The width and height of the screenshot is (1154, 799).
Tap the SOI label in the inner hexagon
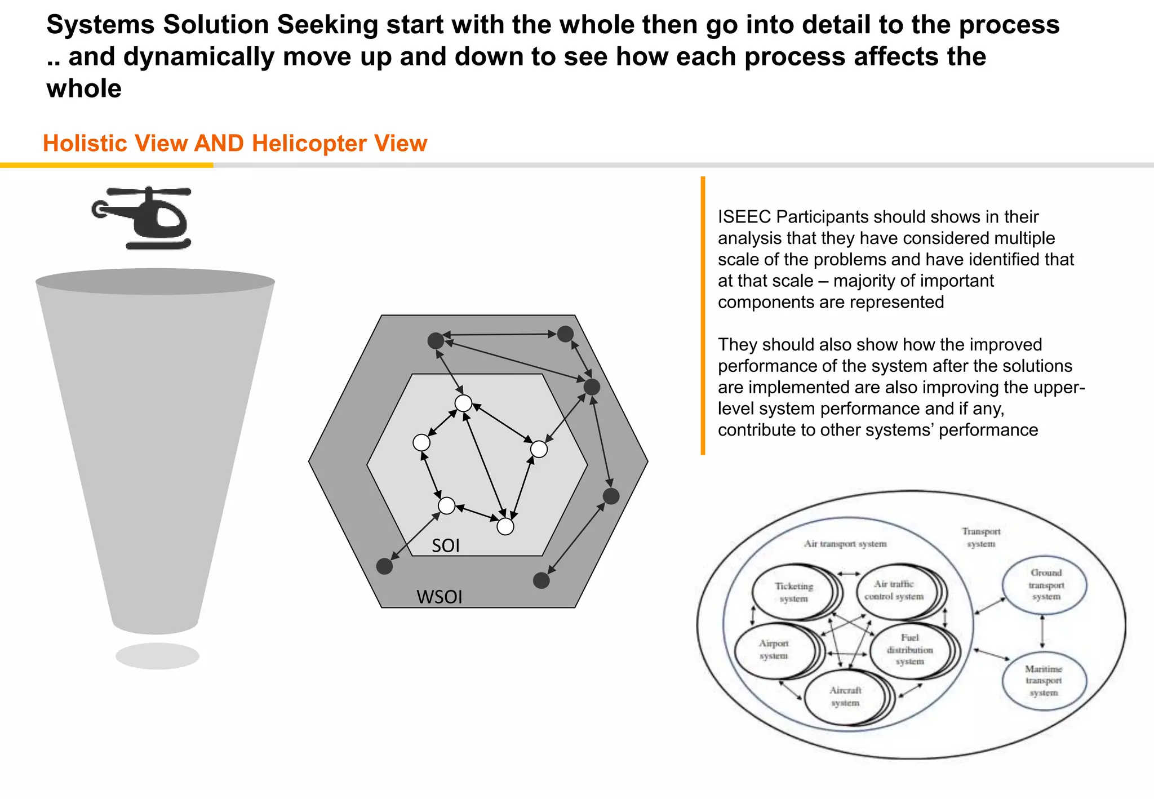446,545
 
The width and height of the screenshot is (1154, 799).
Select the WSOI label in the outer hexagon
439,597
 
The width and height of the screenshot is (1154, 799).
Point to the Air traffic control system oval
894,590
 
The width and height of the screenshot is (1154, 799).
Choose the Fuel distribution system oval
909,649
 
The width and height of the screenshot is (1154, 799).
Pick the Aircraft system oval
845,696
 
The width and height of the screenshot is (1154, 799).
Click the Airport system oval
774,650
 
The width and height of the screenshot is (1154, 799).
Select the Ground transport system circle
1045,585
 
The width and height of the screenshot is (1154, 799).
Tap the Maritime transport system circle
1044,681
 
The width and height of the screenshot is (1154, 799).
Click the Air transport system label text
845,544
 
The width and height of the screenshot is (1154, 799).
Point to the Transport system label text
981,537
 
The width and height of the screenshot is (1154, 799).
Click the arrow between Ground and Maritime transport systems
1042,632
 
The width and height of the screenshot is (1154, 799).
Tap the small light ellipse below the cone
158,656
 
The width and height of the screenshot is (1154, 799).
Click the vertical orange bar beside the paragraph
703,316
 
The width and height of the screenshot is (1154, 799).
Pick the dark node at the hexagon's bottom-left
384,566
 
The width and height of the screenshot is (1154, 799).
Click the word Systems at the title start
100,25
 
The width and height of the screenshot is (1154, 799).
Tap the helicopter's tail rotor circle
99,210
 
